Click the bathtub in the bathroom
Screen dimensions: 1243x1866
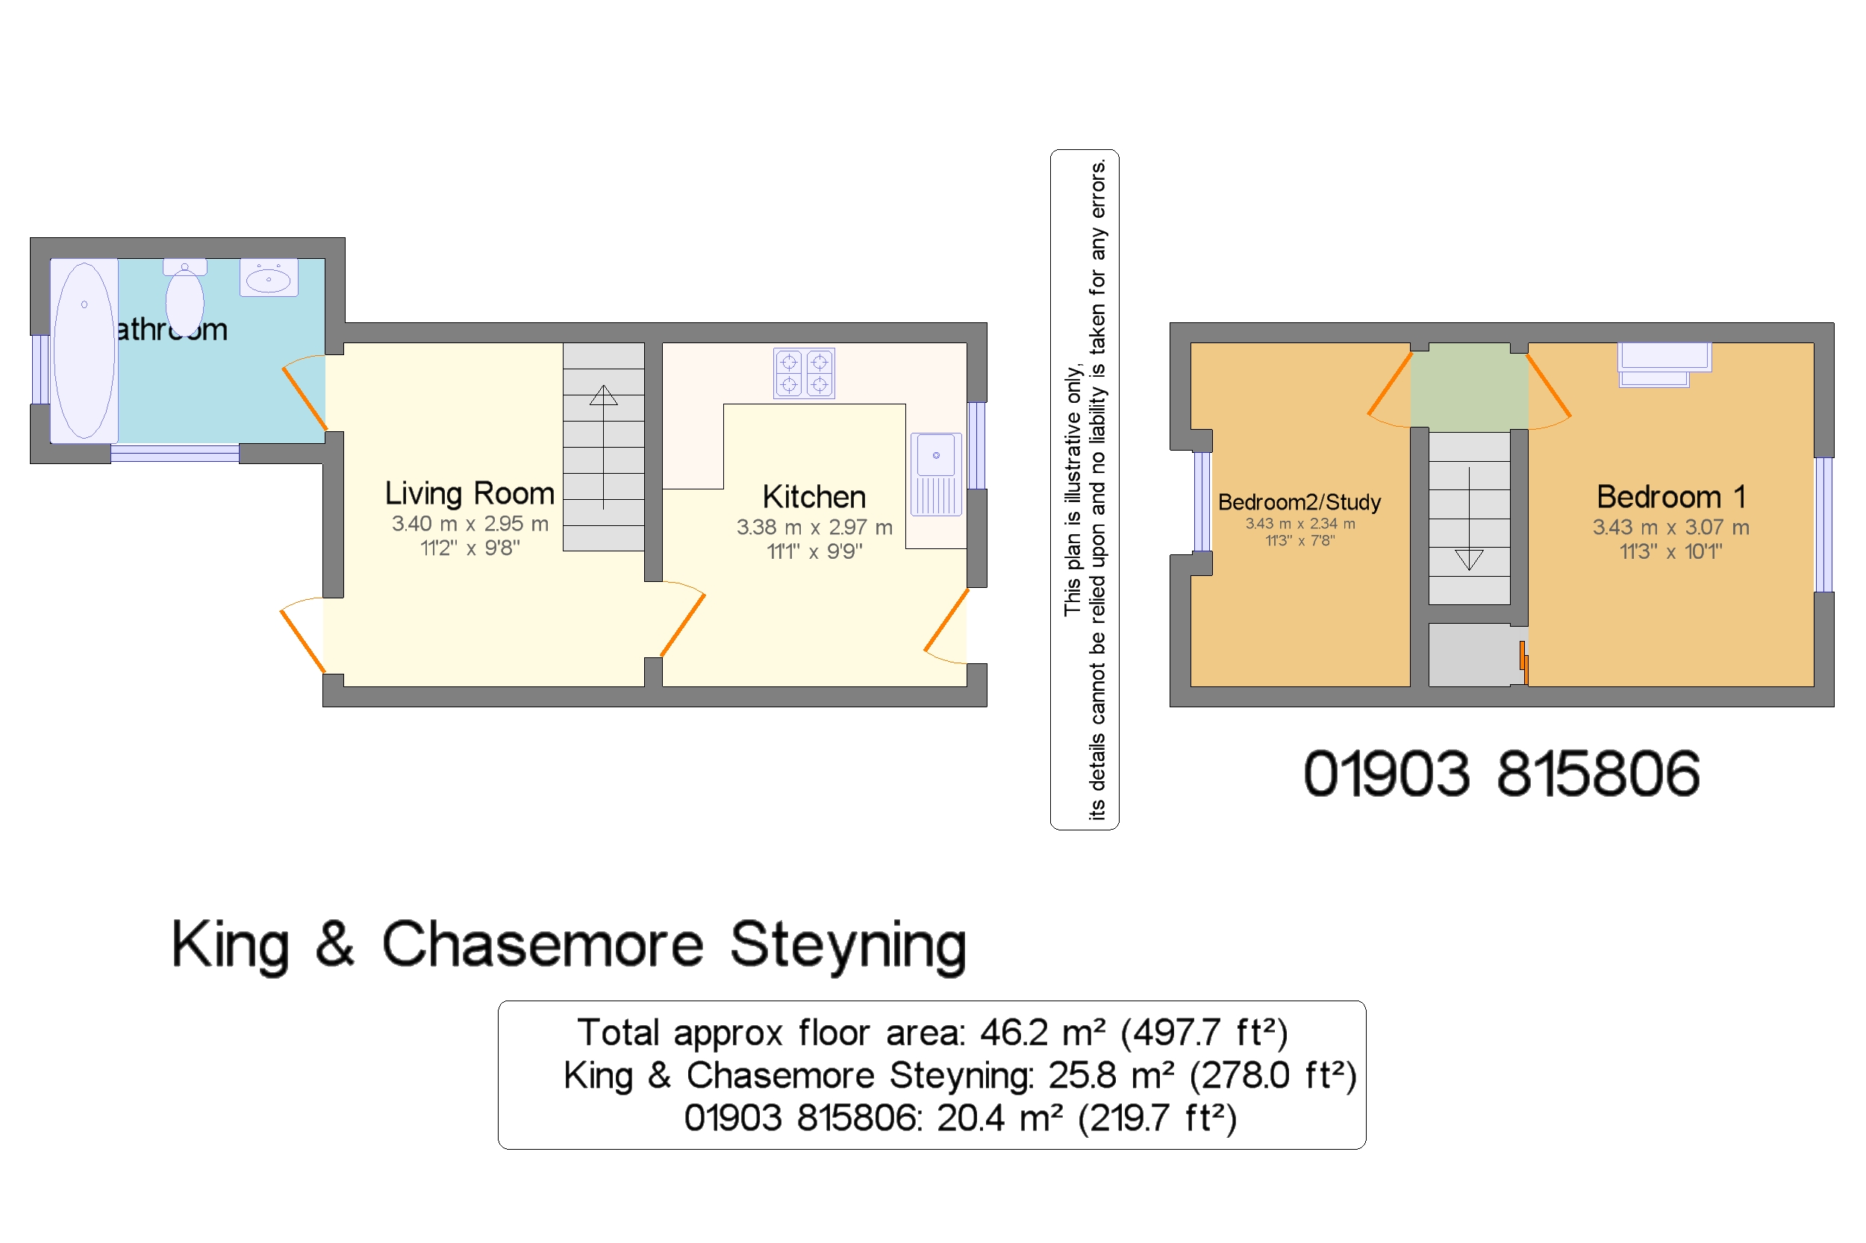(84, 350)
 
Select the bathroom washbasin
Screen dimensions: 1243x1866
(268, 278)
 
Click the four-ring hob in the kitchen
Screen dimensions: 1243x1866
(803, 372)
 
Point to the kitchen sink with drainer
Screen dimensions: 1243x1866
(935, 473)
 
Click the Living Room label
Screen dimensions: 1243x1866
(469, 493)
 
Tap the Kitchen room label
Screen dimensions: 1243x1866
(814, 497)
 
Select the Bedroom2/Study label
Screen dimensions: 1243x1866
(1298, 502)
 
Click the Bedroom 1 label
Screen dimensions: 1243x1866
(1670, 497)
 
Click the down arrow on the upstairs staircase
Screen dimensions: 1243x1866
(1468, 560)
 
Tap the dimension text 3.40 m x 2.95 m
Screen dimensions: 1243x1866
(469, 524)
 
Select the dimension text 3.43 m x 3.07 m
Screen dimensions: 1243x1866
(1670, 527)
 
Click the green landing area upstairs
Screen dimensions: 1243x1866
(1468, 386)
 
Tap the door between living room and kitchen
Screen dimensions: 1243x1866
(682, 624)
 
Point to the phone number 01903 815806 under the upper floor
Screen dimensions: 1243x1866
(1500, 774)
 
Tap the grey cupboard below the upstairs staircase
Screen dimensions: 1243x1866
(1468, 654)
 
